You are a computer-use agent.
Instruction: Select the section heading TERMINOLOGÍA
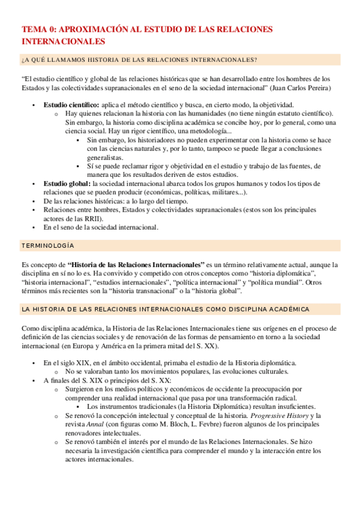48,247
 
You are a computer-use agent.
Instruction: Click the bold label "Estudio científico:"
72,105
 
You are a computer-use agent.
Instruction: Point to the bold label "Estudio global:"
67,183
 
